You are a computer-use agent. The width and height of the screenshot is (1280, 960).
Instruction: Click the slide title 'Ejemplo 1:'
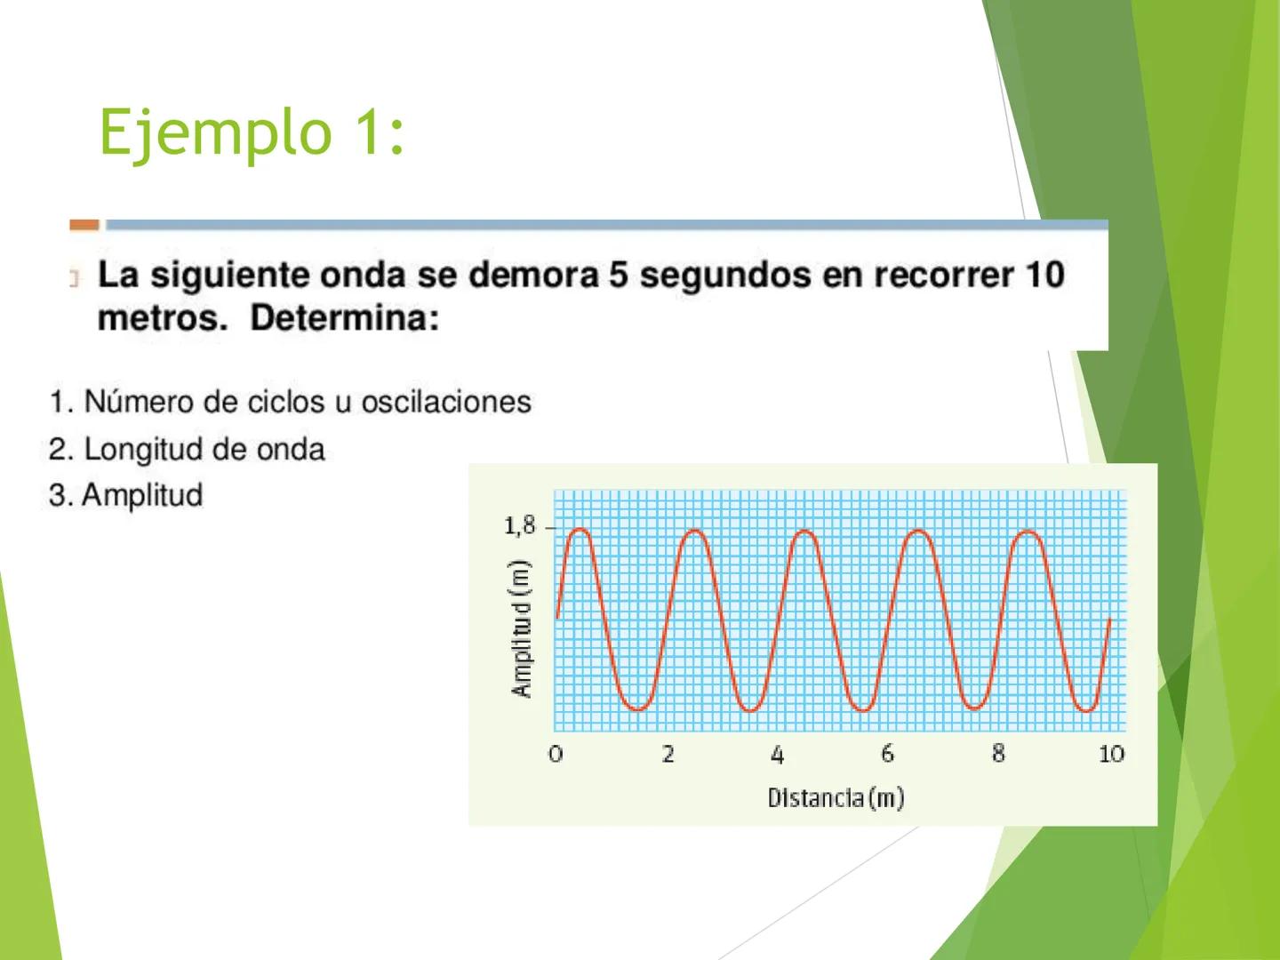click(x=252, y=132)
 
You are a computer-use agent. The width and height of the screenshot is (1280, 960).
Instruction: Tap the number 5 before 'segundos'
click(x=618, y=275)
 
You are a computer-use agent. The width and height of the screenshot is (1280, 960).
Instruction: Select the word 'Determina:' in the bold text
click(x=345, y=318)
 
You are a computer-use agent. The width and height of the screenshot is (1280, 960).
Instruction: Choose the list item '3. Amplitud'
click(x=126, y=495)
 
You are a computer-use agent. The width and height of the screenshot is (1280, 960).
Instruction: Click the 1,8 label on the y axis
click(x=520, y=526)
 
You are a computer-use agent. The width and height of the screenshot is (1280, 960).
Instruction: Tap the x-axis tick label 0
click(x=556, y=754)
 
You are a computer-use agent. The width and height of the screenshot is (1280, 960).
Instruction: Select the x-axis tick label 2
click(x=668, y=754)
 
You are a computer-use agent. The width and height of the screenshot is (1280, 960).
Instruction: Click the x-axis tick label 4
click(x=778, y=755)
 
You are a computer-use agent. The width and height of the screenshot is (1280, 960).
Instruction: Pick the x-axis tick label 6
click(x=888, y=754)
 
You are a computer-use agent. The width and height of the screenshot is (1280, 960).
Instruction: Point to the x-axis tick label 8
click(x=998, y=754)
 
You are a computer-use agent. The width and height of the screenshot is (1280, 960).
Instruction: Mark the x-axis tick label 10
click(x=1111, y=754)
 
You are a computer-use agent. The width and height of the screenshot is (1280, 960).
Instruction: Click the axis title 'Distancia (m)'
click(x=836, y=797)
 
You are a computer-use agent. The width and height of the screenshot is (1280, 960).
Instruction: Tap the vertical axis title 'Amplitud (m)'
click(x=522, y=628)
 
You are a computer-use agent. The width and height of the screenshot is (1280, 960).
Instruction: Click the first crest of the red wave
click(x=580, y=531)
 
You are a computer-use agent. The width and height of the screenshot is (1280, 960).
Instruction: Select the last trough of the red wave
click(x=1086, y=709)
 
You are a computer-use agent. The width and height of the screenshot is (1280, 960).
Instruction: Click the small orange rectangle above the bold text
click(x=84, y=225)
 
